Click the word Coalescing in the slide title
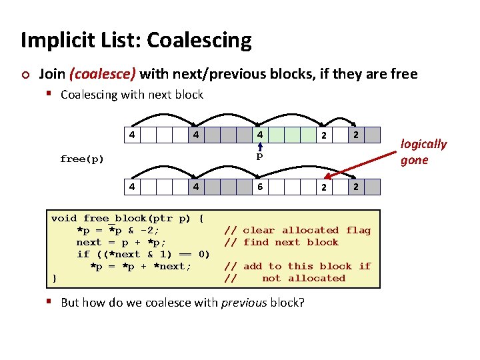[x=199, y=41]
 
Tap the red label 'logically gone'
[x=423, y=152]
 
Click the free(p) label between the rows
[x=82, y=159]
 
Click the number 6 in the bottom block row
[x=260, y=187]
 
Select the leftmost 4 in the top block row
[x=133, y=134]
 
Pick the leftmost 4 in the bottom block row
[x=133, y=187]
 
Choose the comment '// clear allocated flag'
[x=297, y=230]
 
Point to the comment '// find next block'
[x=281, y=242]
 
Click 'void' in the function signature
[x=64, y=218]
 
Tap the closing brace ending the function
[x=54, y=278]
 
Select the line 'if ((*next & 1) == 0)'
[x=143, y=254]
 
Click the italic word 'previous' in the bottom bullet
[x=245, y=303]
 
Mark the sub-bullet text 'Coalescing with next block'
[x=131, y=95]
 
